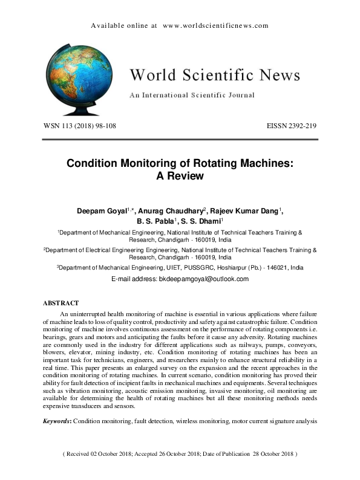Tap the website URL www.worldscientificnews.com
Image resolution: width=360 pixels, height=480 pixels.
click(x=215, y=26)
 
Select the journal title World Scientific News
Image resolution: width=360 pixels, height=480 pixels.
click(x=215, y=75)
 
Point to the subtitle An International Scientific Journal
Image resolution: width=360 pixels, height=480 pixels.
click(x=192, y=95)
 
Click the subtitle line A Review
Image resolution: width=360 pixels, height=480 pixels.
click(x=180, y=177)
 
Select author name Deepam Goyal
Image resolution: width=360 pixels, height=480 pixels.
click(x=99, y=210)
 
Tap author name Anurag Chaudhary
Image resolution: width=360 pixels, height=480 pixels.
click(x=172, y=210)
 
